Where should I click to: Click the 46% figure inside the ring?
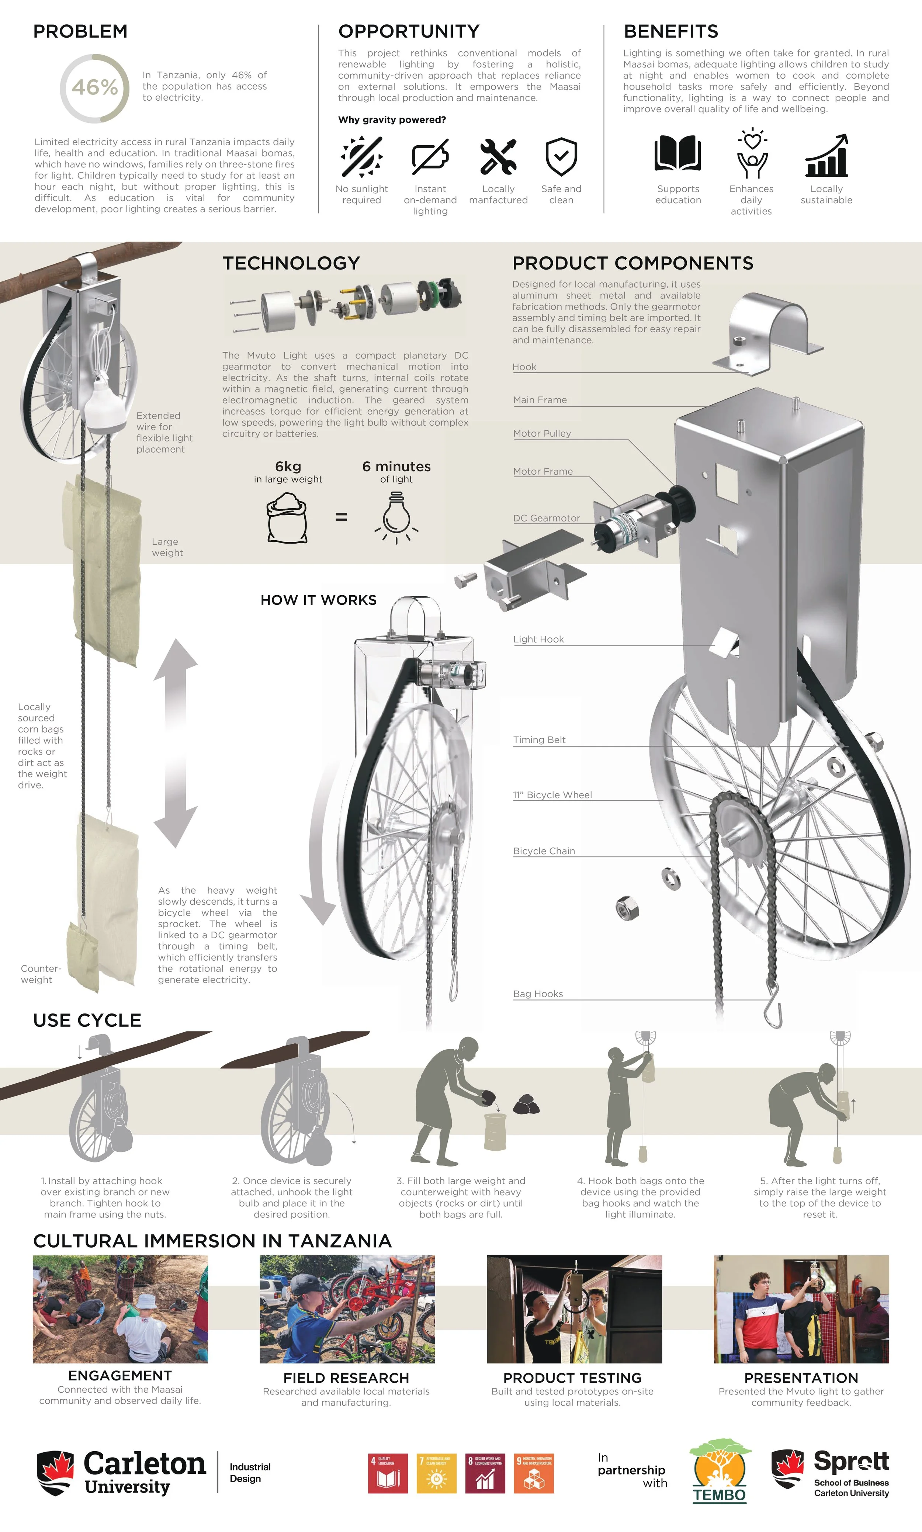tap(94, 88)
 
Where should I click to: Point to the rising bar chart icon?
tap(826, 155)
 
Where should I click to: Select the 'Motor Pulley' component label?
tap(542, 434)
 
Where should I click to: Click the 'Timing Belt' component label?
tap(539, 740)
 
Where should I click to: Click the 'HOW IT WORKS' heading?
tap(319, 600)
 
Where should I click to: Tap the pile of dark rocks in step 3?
tap(526, 1104)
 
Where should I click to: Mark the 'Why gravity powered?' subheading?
tap(392, 120)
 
